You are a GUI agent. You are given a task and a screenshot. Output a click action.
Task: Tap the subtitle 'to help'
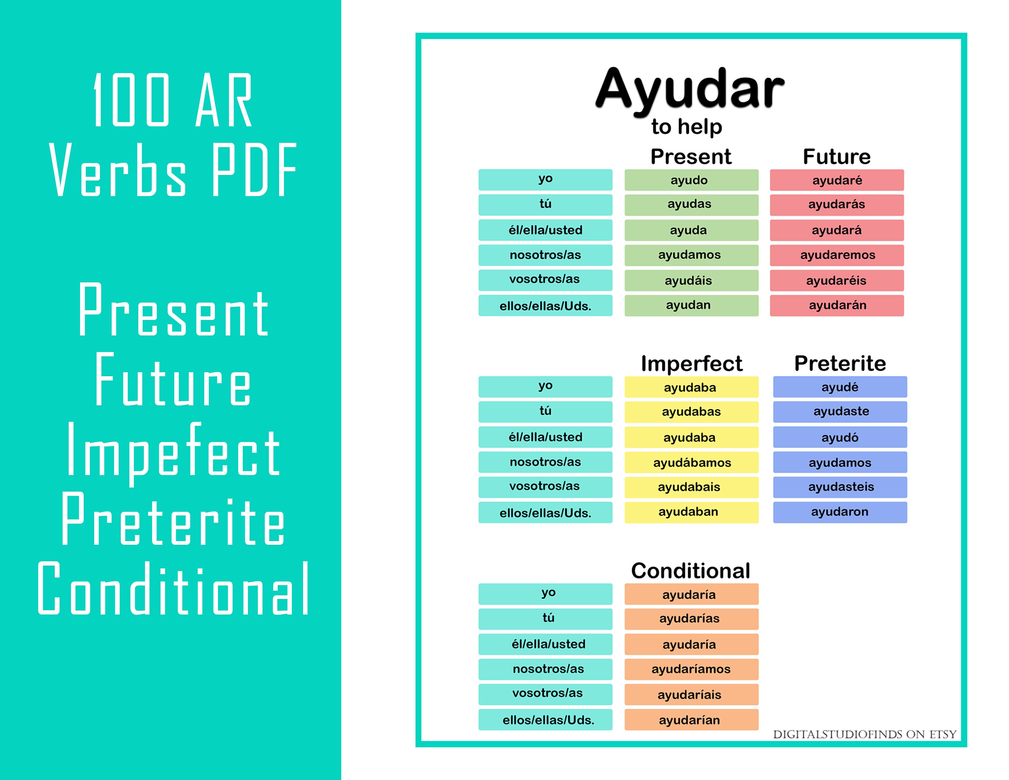pos(686,127)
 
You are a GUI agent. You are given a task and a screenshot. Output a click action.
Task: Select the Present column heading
pos(691,157)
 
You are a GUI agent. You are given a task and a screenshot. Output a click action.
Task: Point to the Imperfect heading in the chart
pos(691,364)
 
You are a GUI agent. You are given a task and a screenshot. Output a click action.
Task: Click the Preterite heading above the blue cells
pos(840,364)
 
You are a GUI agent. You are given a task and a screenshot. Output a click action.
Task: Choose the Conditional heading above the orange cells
pos(691,571)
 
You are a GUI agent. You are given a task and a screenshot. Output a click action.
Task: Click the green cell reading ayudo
pos(691,180)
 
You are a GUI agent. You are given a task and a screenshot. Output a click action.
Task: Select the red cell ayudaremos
pos(837,255)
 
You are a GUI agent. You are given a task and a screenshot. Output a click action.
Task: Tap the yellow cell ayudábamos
pos(691,463)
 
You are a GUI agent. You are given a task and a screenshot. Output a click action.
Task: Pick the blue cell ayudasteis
pos(840,487)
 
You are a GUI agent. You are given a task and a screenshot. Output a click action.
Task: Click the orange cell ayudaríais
pos(691,695)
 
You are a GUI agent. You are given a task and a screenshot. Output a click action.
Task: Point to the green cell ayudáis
pos(691,281)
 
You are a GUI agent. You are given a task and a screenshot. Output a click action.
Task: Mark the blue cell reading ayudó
pos(840,437)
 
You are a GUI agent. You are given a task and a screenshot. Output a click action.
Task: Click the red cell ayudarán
pos(837,306)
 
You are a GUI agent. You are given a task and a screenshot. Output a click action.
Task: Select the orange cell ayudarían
pos(691,720)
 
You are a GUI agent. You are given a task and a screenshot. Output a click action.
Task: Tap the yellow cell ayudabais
pos(691,487)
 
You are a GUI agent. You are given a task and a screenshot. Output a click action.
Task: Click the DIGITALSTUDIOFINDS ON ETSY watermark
pos(864,735)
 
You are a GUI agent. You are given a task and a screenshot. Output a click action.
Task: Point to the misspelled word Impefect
pos(173,451)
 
